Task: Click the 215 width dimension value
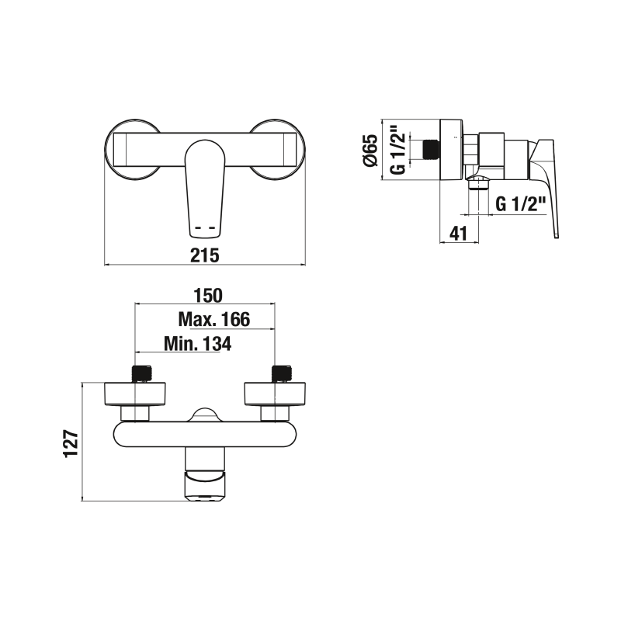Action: pos(206,255)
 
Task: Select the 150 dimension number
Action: pos(207,295)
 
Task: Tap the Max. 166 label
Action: pos(213,319)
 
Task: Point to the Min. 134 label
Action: pos(198,344)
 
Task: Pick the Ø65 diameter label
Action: pos(370,150)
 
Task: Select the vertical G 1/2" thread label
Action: pos(397,150)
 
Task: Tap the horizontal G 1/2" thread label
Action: pos(522,205)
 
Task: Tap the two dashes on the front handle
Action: pos(206,227)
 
